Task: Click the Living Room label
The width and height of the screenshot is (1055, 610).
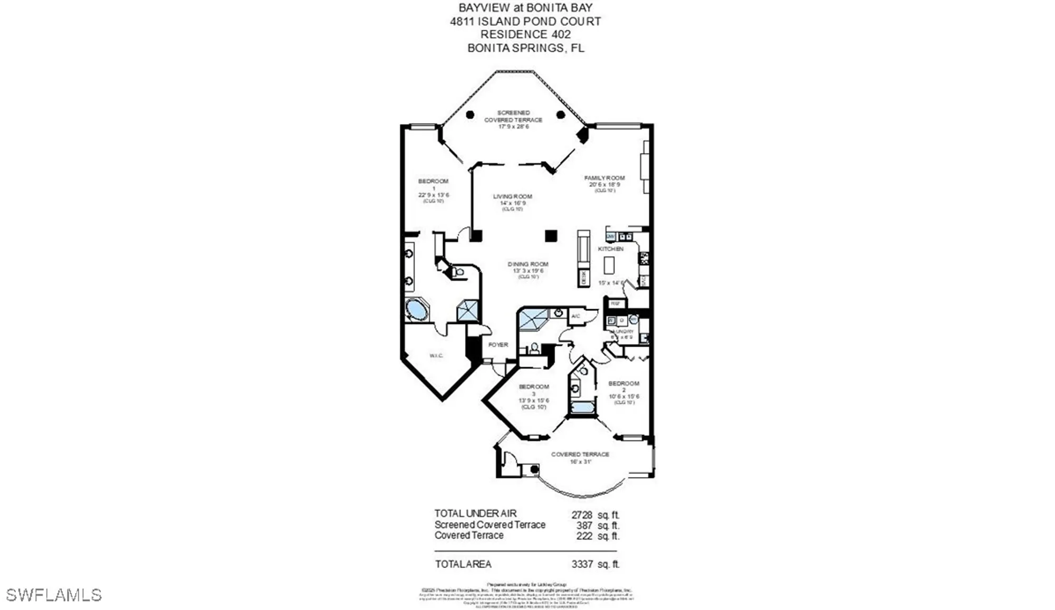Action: (512, 196)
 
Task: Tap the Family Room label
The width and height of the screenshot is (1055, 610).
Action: (604, 178)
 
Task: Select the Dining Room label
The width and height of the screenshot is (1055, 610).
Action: (528, 264)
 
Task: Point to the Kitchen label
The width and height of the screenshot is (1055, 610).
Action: (610, 249)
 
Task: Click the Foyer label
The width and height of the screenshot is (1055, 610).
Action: (498, 345)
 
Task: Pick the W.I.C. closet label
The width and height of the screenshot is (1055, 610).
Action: (436, 356)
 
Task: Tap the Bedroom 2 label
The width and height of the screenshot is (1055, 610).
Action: (624, 384)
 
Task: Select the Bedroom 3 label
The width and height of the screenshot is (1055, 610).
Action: (534, 387)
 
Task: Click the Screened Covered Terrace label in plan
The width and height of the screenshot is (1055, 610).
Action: (513, 116)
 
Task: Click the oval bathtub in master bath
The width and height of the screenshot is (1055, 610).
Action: (417, 310)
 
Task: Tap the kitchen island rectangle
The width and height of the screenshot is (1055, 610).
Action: (609, 265)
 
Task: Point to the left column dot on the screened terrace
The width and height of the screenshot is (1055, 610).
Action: (470, 115)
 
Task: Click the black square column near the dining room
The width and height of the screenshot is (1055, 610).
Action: (551, 236)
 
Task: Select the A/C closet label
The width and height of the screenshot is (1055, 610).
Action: (576, 316)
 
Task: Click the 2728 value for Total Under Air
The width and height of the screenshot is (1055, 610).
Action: (582, 514)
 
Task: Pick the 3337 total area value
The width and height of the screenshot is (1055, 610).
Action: (582, 564)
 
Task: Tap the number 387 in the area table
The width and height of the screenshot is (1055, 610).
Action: (584, 526)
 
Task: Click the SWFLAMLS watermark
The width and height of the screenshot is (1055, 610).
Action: (53, 595)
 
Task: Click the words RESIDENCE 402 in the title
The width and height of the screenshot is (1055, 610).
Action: (525, 34)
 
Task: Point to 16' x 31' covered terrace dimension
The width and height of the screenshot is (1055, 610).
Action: (580, 462)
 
